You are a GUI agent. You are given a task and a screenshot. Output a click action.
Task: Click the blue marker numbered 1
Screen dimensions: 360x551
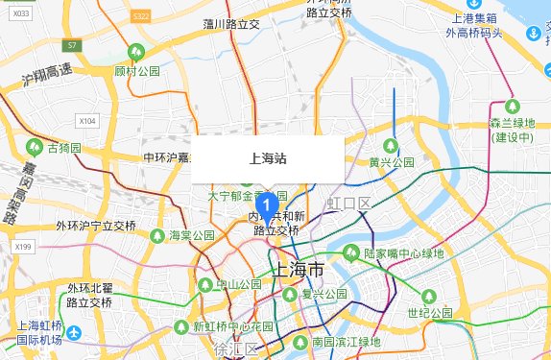pyautogui.click(x=270, y=204)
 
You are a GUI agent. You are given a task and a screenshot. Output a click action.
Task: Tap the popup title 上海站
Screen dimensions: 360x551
pyautogui.click(x=267, y=157)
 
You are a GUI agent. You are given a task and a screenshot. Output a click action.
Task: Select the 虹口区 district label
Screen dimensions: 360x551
pyautogui.click(x=348, y=203)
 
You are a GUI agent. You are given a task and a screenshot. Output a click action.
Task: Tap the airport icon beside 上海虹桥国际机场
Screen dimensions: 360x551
pyautogui.click(x=74, y=332)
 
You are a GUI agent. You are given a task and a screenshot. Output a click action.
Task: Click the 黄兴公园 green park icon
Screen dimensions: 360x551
pyautogui.click(x=406, y=144)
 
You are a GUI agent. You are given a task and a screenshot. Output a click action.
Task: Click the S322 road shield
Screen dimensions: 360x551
pyautogui.click(x=141, y=17)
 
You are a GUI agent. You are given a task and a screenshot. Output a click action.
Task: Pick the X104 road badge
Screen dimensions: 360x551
pyautogui.click(x=87, y=121)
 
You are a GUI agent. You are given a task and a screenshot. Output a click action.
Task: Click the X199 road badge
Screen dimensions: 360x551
pyautogui.click(x=24, y=247)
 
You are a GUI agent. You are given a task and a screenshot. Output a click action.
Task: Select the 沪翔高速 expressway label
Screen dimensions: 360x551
pyautogui.click(x=47, y=72)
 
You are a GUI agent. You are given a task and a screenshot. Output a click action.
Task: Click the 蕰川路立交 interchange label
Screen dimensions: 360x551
pyautogui.click(x=232, y=24)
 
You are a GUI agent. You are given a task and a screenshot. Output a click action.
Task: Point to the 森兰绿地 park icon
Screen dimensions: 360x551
pyautogui.click(x=512, y=105)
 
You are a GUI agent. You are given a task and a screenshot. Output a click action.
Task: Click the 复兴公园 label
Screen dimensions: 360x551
pyautogui.click(x=323, y=294)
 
